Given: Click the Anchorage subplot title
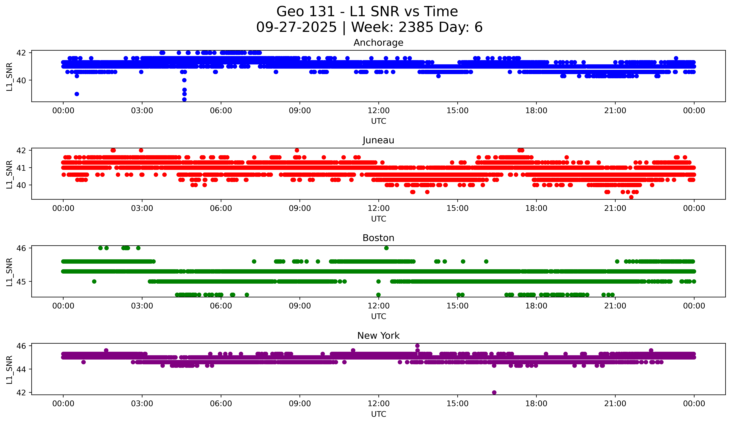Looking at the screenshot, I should [378, 43].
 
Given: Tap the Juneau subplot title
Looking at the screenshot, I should [378, 140].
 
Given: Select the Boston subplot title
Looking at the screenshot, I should [378, 238].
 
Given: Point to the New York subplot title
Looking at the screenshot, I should [378, 336].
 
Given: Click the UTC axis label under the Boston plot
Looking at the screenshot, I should [378, 316].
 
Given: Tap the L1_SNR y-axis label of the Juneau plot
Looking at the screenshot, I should [9, 174].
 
